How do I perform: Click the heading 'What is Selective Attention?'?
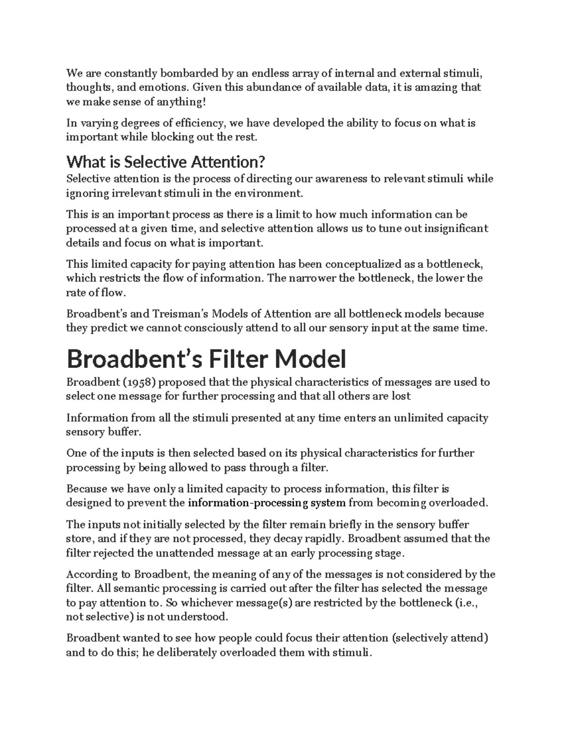point(166,162)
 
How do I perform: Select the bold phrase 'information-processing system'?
point(266,503)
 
